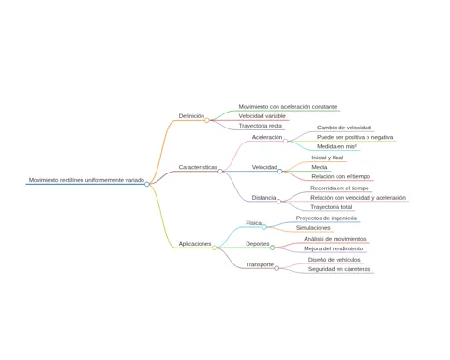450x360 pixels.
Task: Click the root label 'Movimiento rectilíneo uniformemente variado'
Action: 86,180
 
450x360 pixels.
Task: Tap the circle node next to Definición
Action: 207,120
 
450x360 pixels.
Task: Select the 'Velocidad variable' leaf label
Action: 262,116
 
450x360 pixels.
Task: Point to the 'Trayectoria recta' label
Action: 261,126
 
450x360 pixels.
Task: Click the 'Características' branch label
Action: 198,167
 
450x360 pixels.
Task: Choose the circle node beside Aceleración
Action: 285,141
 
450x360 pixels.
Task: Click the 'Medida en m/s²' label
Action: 337,146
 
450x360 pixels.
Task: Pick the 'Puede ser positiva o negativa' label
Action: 355,137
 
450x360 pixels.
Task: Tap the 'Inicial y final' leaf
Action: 327,157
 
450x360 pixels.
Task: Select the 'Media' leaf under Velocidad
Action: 320,167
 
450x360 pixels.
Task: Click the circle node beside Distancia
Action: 278,202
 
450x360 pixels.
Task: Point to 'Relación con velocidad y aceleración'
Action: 358,198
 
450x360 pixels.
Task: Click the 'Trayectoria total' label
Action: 331,207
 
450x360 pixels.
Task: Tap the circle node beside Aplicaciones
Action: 214,247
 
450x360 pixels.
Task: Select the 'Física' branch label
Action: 253,223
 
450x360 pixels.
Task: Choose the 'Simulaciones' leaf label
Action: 313,228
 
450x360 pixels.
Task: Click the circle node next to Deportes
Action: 272,247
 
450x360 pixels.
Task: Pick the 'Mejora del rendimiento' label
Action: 334,248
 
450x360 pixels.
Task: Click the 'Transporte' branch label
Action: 260,264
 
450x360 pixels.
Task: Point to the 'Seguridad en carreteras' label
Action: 339,269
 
